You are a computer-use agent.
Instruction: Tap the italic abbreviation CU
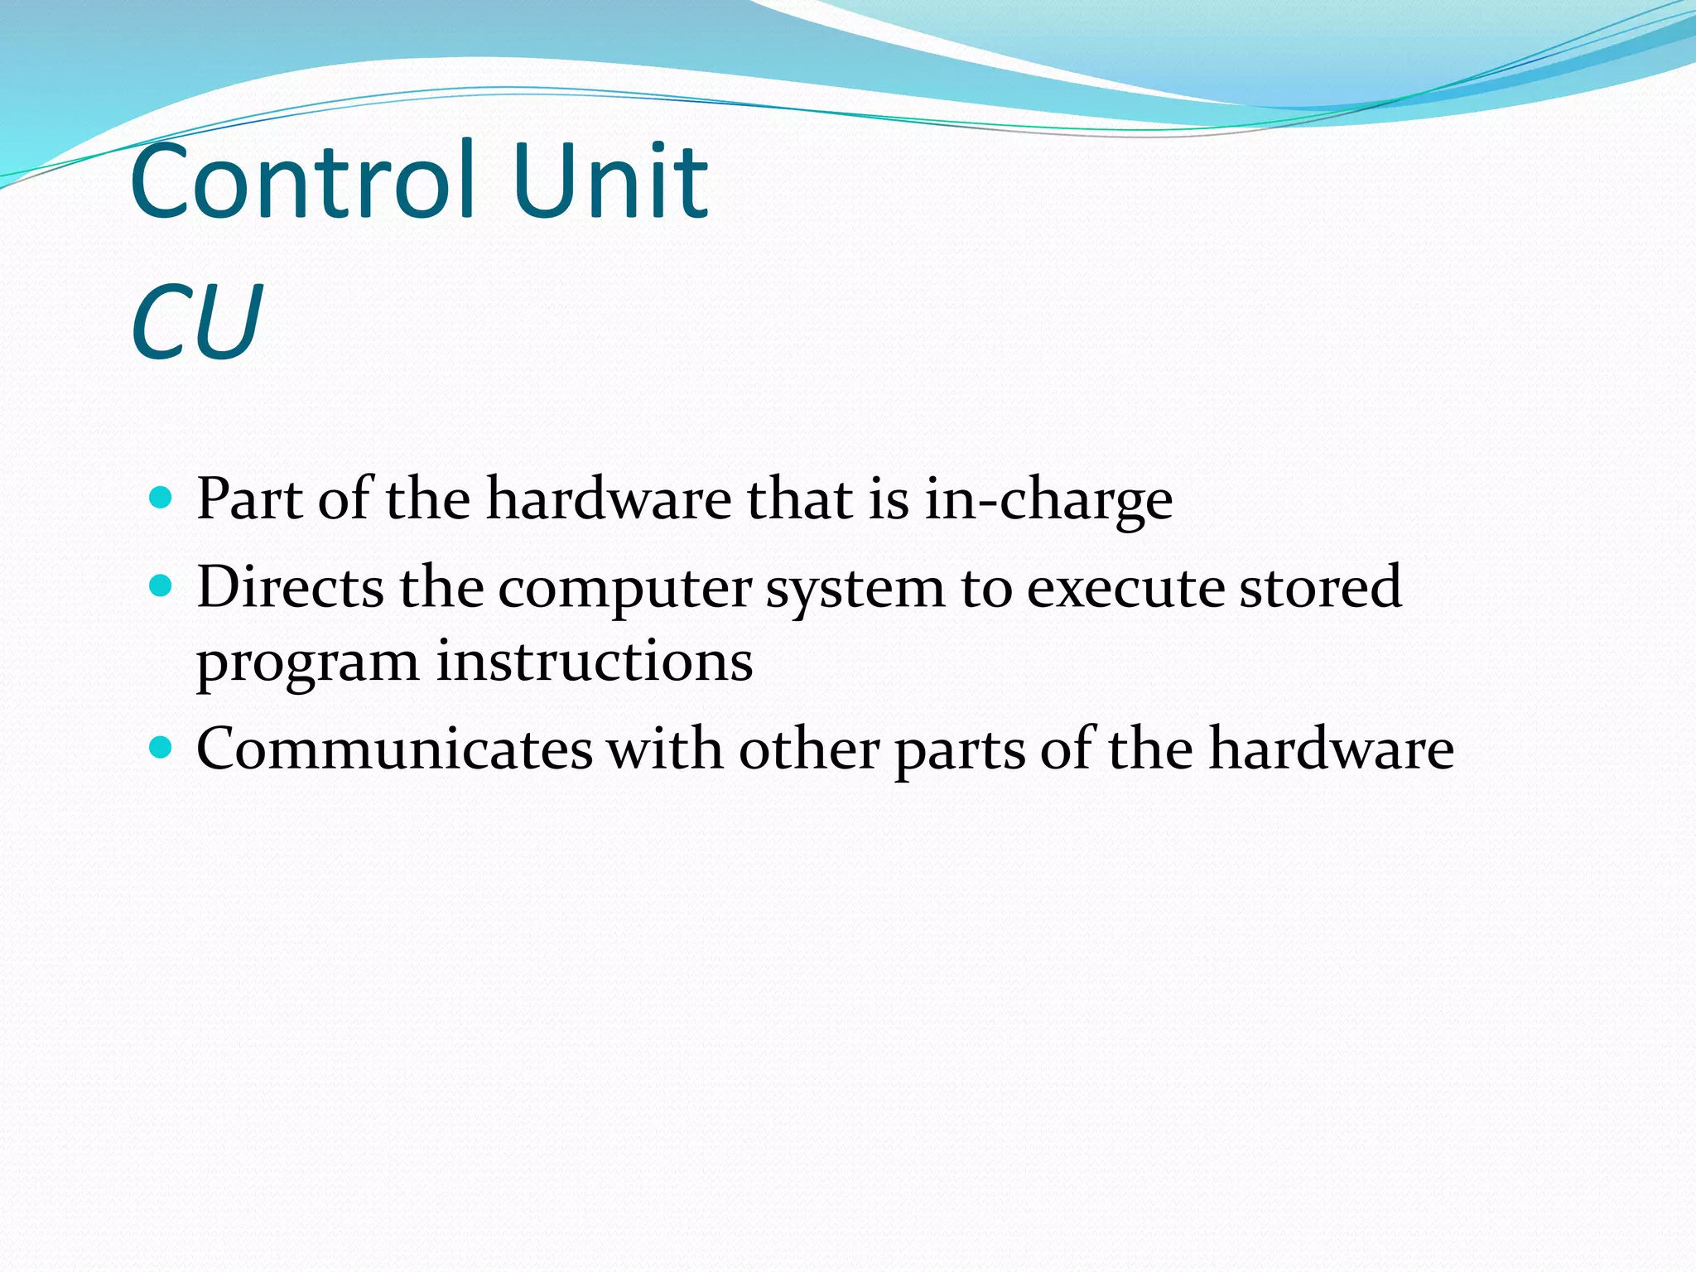(x=196, y=323)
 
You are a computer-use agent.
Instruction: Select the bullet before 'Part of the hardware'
(x=161, y=498)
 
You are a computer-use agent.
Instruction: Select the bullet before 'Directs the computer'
(x=161, y=586)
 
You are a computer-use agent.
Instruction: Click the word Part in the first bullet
(x=249, y=499)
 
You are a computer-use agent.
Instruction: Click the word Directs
(x=290, y=587)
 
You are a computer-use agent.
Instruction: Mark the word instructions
(x=595, y=662)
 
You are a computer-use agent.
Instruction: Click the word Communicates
(x=394, y=749)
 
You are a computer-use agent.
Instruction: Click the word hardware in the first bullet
(x=609, y=499)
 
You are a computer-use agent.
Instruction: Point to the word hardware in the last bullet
(x=1331, y=749)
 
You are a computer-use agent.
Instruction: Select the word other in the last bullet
(x=808, y=749)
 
